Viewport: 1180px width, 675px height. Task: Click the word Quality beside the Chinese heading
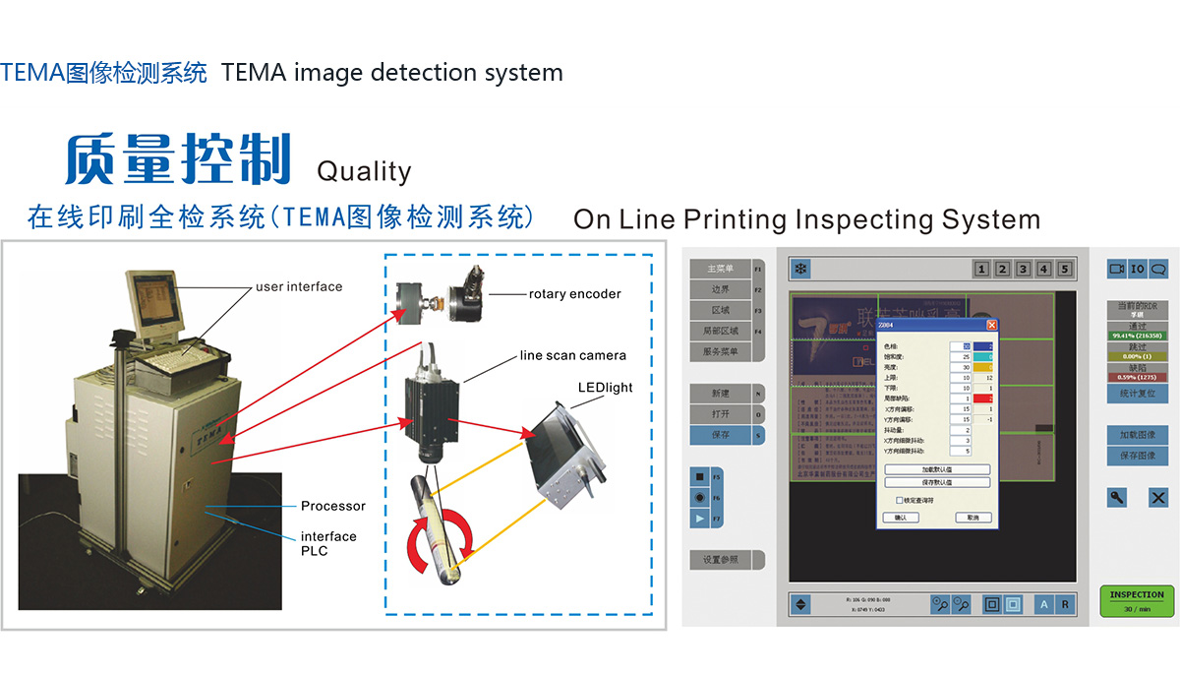pyautogui.click(x=363, y=171)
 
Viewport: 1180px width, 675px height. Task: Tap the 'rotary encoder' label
pyautogui.click(x=574, y=293)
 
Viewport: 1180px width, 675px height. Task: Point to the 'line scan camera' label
pyautogui.click(x=572, y=355)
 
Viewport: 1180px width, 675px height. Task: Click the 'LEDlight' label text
pyautogui.click(x=606, y=387)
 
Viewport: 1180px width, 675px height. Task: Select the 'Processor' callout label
pyautogui.click(x=333, y=506)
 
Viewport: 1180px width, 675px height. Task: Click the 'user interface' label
pyautogui.click(x=299, y=286)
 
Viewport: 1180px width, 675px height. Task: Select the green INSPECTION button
pyautogui.click(x=1136, y=600)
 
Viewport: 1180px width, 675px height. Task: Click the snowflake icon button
pyautogui.click(x=800, y=269)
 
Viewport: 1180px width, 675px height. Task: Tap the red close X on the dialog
pyautogui.click(x=991, y=326)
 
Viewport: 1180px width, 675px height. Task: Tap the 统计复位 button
pyautogui.click(x=1136, y=393)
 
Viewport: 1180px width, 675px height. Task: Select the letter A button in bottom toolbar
pyautogui.click(x=1043, y=604)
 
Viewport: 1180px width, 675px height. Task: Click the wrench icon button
pyautogui.click(x=1117, y=497)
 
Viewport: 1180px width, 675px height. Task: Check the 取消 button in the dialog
pyautogui.click(x=973, y=518)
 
